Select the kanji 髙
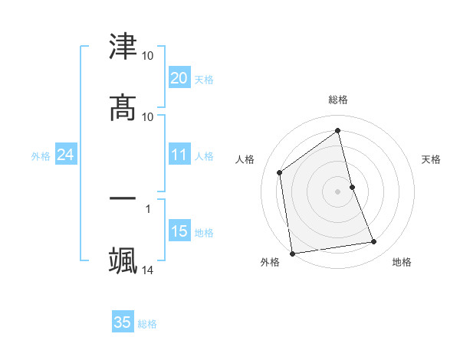(123, 108)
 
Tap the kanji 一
(123, 198)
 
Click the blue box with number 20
(179, 78)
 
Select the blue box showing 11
(179, 155)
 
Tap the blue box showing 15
(179, 231)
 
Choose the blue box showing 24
(65, 155)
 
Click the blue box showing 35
(123, 322)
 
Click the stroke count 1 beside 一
(147, 207)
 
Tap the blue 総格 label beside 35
(147, 324)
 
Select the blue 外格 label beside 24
(41, 156)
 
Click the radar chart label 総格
(338, 100)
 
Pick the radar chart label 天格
(431, 159)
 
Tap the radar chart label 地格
(402, 262)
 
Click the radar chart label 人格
(245, 159)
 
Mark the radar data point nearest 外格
(292, 253)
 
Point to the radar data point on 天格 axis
(352, 186)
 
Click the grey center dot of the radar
(338, 191)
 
